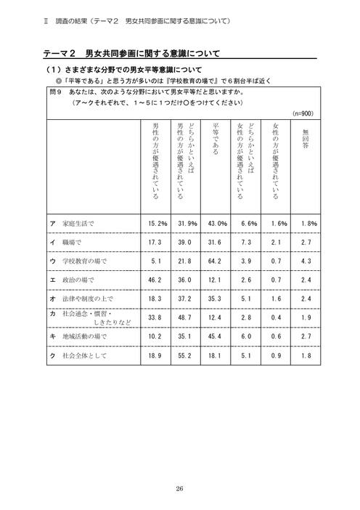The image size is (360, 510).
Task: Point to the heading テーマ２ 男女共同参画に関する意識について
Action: tap(129, 54)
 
